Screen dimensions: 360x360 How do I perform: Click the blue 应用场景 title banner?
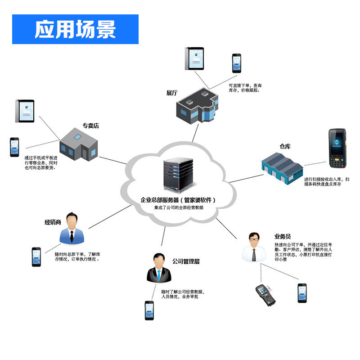coord(75,29)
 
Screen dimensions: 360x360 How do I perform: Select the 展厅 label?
coord(172,93)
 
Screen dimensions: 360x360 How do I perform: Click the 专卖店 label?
coord(90,126)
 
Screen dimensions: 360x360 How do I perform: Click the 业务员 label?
coord(283,236)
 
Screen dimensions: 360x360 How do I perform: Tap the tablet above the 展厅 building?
coord(194,58)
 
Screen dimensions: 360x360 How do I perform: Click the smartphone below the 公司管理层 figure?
coord(149,310)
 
